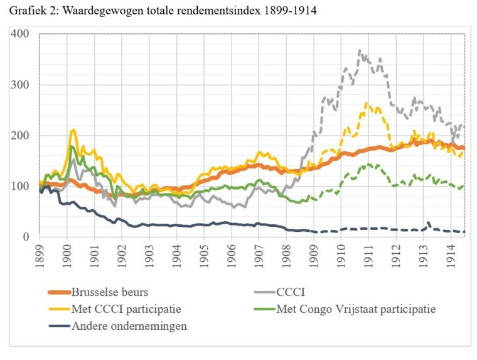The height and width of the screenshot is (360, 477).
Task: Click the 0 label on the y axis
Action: (27, 237)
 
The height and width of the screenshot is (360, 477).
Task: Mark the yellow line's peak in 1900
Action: (74, 130)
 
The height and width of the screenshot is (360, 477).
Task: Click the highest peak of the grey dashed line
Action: (360, 50)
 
